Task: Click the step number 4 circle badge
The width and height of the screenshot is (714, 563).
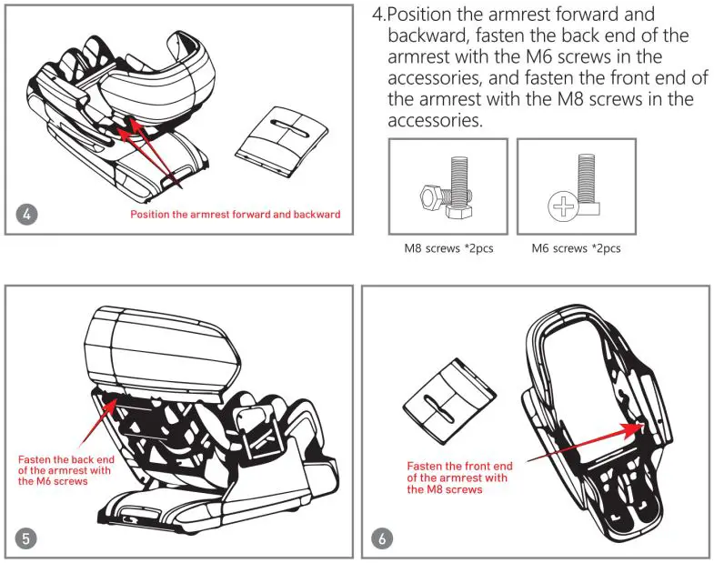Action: [x=28, y=215]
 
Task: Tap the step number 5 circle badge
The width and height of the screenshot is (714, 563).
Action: [x=27, y=538]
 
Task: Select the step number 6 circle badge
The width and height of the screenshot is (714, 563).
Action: [x=383, y=538]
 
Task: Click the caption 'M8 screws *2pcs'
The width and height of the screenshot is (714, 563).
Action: [x=448, y=248]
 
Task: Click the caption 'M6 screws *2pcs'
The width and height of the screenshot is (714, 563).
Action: [x=576, y=248]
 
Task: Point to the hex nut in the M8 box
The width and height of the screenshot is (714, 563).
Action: [x=431, y=196]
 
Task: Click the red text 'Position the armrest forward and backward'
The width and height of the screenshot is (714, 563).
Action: [x=235, y=215]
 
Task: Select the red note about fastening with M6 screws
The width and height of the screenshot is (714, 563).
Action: [x=65, y=470]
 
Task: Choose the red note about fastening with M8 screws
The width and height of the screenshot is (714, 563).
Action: [x=459, y=478]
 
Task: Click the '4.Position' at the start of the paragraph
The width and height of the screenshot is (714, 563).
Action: [x=417, y=16]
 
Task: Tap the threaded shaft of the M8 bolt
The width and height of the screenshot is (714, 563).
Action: [x=461, y=177]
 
